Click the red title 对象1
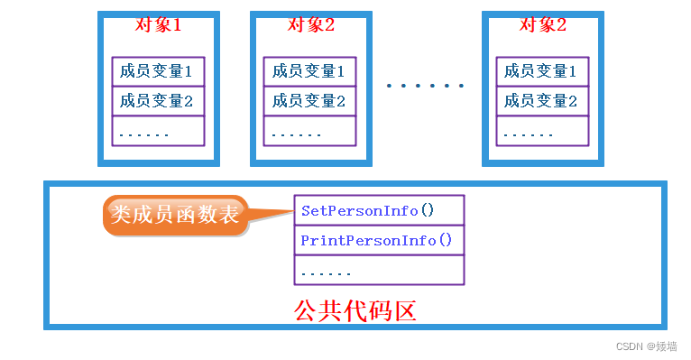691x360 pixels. click(x=158, y=24)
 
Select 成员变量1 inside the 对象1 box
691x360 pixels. click(x=158, y=70)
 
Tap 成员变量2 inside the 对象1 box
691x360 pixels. click(x=158, y=100)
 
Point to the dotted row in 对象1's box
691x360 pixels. click(x=158, y=131)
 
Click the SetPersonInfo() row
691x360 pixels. click(x=379, y=210)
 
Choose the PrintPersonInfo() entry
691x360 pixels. click(x=379, y=240)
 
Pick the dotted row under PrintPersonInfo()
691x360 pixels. click(x=379, y=270)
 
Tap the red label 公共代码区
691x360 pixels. click(x=355, y=311)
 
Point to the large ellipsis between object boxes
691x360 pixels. click(x=425, y=86)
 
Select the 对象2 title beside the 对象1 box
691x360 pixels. click(x=310, y=24)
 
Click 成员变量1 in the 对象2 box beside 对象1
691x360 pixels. click(x=310, y=70)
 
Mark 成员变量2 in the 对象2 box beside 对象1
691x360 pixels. click(x=310, y=100)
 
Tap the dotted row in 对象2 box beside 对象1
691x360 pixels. click(x=310, y=131)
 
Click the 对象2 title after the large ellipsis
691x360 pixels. click(x=542, y=24)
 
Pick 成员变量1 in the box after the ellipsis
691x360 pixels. click(x=542, y=70)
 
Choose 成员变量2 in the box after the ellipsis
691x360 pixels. click(x=542, y=100)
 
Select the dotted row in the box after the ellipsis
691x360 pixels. click(x=542, y=131)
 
